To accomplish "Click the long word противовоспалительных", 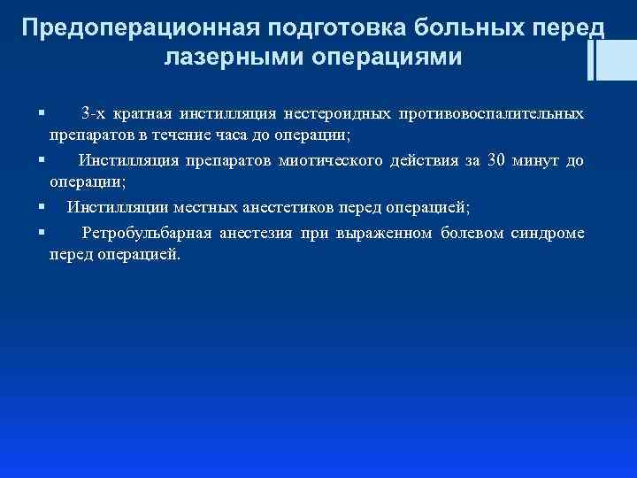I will tap(491, 114).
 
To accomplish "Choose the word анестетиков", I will tap(331, 207).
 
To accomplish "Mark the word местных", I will tap(242, 207).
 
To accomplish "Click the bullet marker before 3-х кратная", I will tap(42, 114).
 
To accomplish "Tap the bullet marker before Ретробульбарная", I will tap(42, 232).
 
